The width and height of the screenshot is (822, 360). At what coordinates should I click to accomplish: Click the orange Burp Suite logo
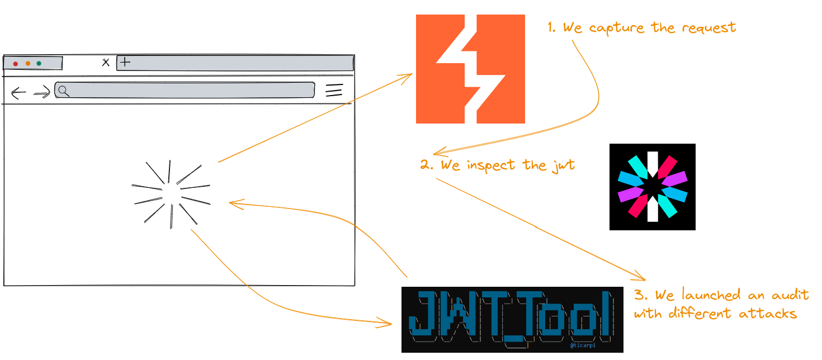coord(470,69)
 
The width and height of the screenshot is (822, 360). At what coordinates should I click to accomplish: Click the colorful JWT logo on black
coord(652,187)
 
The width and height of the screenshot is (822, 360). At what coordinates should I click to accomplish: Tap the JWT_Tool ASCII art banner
coord(512,319)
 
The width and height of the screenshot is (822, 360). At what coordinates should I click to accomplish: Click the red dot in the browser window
coord(16,64)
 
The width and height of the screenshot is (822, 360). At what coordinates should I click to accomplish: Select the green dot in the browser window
coord(39,64)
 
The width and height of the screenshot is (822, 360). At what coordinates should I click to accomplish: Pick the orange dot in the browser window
coord(27,64)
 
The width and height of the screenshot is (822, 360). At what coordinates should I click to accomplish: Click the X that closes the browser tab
coord(106,63)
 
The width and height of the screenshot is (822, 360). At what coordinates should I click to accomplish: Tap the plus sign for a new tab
coord(125,62)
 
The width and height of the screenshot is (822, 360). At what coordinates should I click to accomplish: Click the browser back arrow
coord(18,93)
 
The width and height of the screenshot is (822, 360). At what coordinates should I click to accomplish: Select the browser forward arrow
coord(42,93)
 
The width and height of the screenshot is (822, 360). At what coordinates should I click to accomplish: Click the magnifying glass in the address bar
coord(64,91)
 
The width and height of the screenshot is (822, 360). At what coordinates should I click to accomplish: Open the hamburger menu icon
coord(334,91)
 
